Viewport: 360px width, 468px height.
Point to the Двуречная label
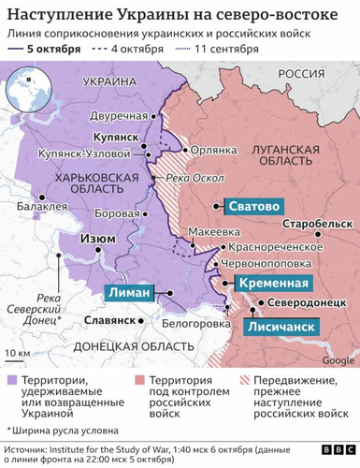[x=122, y=115]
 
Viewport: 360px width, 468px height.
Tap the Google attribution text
[x=334, y=360]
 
